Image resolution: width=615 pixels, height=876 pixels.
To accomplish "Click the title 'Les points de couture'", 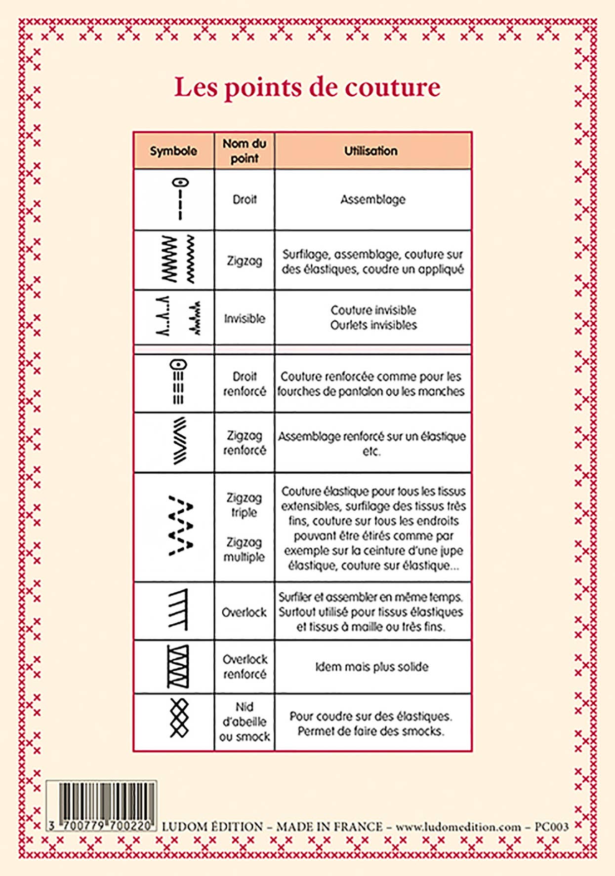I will (307, 87).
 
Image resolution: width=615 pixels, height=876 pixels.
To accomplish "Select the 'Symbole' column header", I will (173, 151).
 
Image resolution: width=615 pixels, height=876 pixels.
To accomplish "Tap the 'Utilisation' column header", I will (371, 151).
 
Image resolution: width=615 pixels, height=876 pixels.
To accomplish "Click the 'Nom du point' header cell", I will (245, 151).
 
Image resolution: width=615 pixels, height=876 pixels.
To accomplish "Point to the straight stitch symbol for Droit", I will (180, 199).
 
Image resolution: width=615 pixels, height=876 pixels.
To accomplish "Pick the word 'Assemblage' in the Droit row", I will (373, 199).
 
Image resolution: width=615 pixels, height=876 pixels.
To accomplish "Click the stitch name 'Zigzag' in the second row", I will (245, 261).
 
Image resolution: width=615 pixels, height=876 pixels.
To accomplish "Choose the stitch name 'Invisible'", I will (245, 318).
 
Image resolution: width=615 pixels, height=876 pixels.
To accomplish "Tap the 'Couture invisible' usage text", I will (373, 310).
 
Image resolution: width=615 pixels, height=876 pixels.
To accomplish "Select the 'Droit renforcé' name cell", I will (245, 384).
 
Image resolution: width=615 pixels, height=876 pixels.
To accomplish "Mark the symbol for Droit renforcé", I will (178, 382).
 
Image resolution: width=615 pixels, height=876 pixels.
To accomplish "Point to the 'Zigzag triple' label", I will (244, 505).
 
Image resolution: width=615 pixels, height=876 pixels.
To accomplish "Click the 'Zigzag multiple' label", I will (244, 549).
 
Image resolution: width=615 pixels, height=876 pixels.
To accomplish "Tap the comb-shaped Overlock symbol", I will (178, 609).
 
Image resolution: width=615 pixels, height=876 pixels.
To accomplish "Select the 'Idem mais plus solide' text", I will (372, 667).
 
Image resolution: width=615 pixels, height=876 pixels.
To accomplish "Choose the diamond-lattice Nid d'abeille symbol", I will (179, 718).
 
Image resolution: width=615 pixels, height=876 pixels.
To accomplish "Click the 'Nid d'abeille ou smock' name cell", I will (245, 722).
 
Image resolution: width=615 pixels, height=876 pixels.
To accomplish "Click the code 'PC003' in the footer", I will (551, 827).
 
